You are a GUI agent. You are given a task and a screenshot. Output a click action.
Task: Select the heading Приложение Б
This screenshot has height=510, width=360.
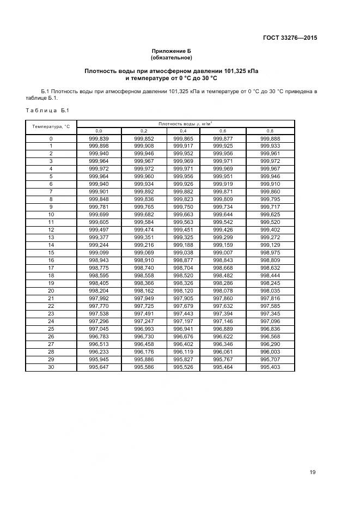[x=171, y=51]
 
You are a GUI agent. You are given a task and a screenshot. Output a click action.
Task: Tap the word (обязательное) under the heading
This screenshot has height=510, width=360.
[x=171, y=57]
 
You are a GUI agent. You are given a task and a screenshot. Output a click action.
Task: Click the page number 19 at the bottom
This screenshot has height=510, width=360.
[x=313, y=472]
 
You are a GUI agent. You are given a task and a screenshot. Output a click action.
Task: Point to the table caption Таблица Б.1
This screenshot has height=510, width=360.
[x=46, y=111]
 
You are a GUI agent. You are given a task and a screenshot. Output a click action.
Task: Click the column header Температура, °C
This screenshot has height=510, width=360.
[x=51, y=126]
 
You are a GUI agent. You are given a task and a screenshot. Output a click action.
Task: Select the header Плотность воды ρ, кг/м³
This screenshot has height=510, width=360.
[x=185, y=124]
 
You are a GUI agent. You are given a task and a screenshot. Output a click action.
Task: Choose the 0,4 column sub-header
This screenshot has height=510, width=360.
[x=182, y=131]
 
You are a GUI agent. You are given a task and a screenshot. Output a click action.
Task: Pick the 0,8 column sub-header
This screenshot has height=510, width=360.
[x=270, y=131]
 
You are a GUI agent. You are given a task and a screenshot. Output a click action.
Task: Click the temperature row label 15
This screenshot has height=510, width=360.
[x=51, y=253]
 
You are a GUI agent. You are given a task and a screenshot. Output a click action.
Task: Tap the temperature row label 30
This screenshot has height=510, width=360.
[x=51, y=367]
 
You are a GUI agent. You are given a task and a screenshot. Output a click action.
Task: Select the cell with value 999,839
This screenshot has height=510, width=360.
[x=99, y=138]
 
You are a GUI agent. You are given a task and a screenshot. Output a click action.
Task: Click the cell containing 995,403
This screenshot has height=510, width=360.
[x=270, y=367]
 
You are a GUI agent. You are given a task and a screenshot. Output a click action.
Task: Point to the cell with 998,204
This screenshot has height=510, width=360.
[x=99, y=291]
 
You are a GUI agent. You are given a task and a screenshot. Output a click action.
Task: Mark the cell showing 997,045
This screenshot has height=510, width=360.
[x=99, y=329]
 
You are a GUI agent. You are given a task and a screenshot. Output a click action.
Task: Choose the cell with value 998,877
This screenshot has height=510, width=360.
[x=182, y=260]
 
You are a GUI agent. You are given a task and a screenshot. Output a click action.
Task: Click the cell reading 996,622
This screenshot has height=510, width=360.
[x=223, y=337]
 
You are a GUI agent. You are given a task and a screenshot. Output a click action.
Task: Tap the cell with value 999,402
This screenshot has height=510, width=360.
[x=270, y=230]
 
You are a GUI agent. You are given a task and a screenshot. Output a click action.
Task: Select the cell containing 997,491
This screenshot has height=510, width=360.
[x=144, y=314]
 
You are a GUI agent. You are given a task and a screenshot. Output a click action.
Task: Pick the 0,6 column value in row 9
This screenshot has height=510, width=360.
[x=223, y=207]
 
